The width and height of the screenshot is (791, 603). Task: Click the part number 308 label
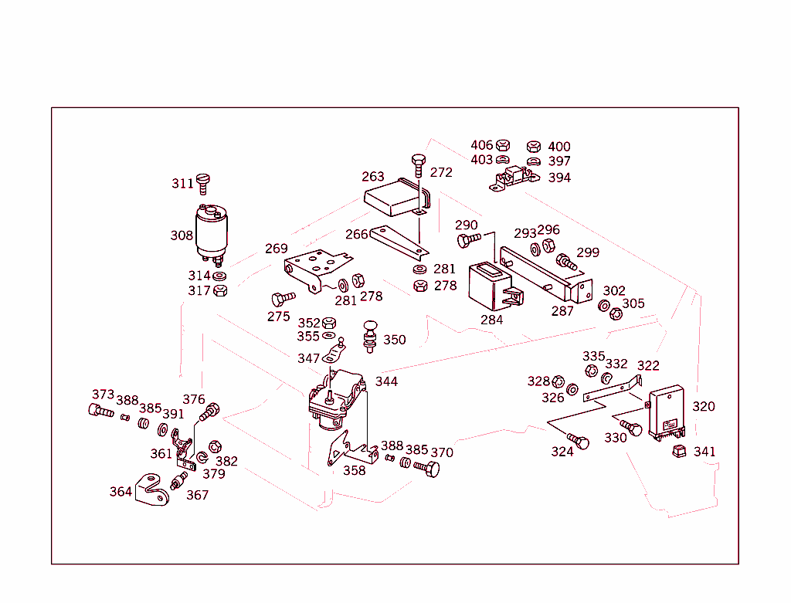182,235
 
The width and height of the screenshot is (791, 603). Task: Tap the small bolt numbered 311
204,184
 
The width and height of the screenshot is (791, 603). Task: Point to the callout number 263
373,177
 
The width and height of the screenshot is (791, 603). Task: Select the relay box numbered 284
491,284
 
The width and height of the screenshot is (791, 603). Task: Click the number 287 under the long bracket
562,311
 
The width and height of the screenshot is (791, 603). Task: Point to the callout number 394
559,178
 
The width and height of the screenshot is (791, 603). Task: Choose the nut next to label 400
533,145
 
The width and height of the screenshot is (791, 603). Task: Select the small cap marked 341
680,450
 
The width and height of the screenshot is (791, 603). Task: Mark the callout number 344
387,381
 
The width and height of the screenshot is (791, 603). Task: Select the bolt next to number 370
426,468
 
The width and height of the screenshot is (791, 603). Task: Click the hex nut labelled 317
220,290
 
